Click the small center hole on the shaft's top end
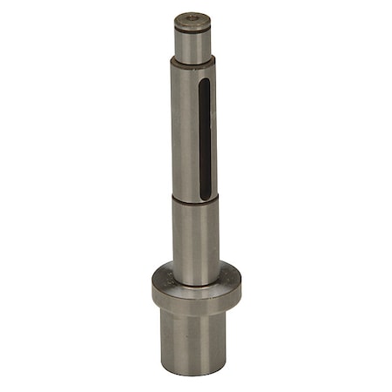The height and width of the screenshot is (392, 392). coord(193,17)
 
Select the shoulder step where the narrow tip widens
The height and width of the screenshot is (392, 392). coord(193,62)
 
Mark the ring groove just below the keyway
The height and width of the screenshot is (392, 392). coord(194,199)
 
